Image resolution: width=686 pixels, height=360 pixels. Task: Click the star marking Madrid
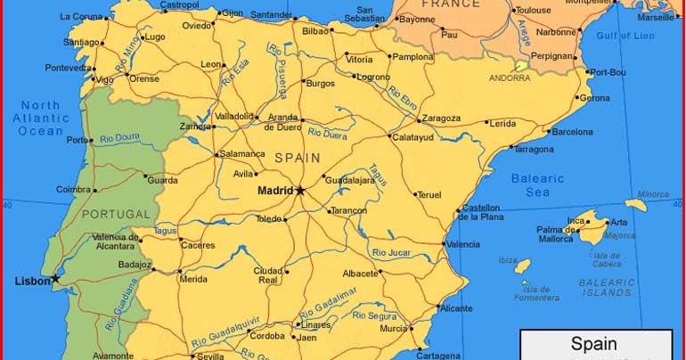pos(300,190)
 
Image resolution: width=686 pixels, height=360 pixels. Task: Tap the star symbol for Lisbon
pos(55,279)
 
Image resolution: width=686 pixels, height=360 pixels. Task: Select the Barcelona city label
pos(572,131)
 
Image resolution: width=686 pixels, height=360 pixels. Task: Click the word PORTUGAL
pos(116,214)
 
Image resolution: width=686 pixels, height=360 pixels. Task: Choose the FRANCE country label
pos(451,4)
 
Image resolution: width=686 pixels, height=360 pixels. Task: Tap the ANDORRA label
pos(510,78)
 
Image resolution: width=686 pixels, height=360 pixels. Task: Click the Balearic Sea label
pos(538,184)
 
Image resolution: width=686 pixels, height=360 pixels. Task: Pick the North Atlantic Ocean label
pos(41,118)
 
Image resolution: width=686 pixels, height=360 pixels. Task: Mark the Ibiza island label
pos(508,260)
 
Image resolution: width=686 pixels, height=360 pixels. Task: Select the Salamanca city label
pos(243,153)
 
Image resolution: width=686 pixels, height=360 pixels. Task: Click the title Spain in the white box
pos(595,343)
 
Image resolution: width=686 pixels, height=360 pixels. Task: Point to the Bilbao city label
pos(315,30)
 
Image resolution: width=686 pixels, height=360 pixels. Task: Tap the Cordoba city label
pos(267,337)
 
